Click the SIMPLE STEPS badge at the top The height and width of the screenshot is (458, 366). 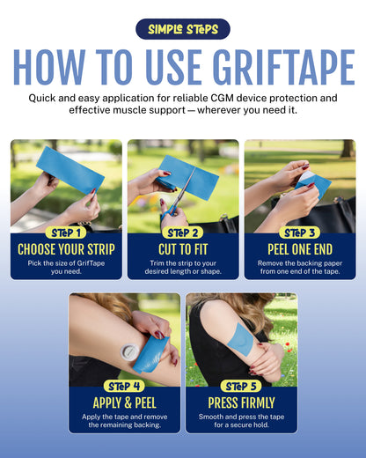(182, 29)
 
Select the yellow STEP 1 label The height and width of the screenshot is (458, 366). (66, 233)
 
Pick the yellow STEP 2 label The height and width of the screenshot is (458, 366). (183, 233)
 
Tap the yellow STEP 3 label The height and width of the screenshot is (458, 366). (300, 233)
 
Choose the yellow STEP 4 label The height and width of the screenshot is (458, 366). (124, 386)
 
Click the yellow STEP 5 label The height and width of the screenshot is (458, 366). (241, 386)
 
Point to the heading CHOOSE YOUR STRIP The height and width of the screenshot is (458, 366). (66, 249)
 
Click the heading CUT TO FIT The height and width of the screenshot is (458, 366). (183, 249)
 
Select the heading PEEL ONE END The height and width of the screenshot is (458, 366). (300, 249)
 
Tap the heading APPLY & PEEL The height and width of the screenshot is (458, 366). (124, 403)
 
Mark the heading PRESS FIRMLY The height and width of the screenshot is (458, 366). (241, 403)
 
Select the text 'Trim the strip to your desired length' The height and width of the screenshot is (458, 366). (183, 266)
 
